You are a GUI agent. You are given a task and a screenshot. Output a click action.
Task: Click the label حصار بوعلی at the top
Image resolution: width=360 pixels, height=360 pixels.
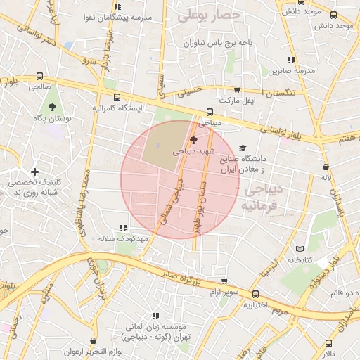(x=209, y=13)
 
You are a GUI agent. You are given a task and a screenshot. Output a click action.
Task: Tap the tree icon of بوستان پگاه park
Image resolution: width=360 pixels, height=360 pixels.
(x=53, y=106)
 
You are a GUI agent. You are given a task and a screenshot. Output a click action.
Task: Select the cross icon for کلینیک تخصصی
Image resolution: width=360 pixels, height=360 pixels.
(x=34, y=172)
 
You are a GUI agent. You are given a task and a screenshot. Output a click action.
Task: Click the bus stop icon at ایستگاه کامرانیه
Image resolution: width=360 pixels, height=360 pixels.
(x=116, y=98)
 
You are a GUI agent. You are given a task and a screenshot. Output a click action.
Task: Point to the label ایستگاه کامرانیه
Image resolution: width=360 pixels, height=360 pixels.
(x=118, y=110)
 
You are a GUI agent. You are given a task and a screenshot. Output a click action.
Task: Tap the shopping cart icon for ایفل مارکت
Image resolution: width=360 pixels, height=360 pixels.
(x=237, y=90)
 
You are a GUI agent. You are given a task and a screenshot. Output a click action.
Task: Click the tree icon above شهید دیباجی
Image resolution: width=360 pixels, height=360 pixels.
(x=194, y=140)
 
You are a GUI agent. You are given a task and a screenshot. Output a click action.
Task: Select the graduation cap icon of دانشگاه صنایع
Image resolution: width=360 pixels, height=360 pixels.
(x=243, y=148)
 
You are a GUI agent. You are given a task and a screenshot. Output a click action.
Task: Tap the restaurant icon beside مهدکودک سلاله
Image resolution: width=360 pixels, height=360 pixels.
(x=124, y=228)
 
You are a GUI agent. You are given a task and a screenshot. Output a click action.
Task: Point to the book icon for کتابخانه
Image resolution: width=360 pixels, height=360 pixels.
(x=300, y=249)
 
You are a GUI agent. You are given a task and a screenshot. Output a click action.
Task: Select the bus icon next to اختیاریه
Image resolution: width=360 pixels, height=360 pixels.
(x=255, y=295)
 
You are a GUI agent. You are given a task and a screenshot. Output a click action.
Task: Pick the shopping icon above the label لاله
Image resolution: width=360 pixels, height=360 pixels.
(x=326, y=167)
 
